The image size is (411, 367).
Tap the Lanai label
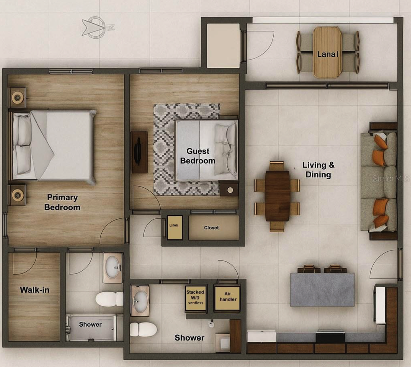point(327,54)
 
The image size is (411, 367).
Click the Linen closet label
point(174,225)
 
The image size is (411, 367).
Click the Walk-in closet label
point(35,290)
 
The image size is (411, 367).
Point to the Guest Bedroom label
point(198,156)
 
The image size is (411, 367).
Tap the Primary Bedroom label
point(62,202)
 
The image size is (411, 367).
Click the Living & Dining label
point(318,170)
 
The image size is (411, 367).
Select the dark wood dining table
point(277,196)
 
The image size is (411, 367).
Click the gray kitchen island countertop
point(322,290)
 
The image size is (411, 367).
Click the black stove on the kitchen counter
point(330,338)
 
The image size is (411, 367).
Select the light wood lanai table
point(327,52)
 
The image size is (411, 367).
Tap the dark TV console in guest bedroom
point(139,152)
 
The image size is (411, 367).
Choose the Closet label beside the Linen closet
point(211,228)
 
